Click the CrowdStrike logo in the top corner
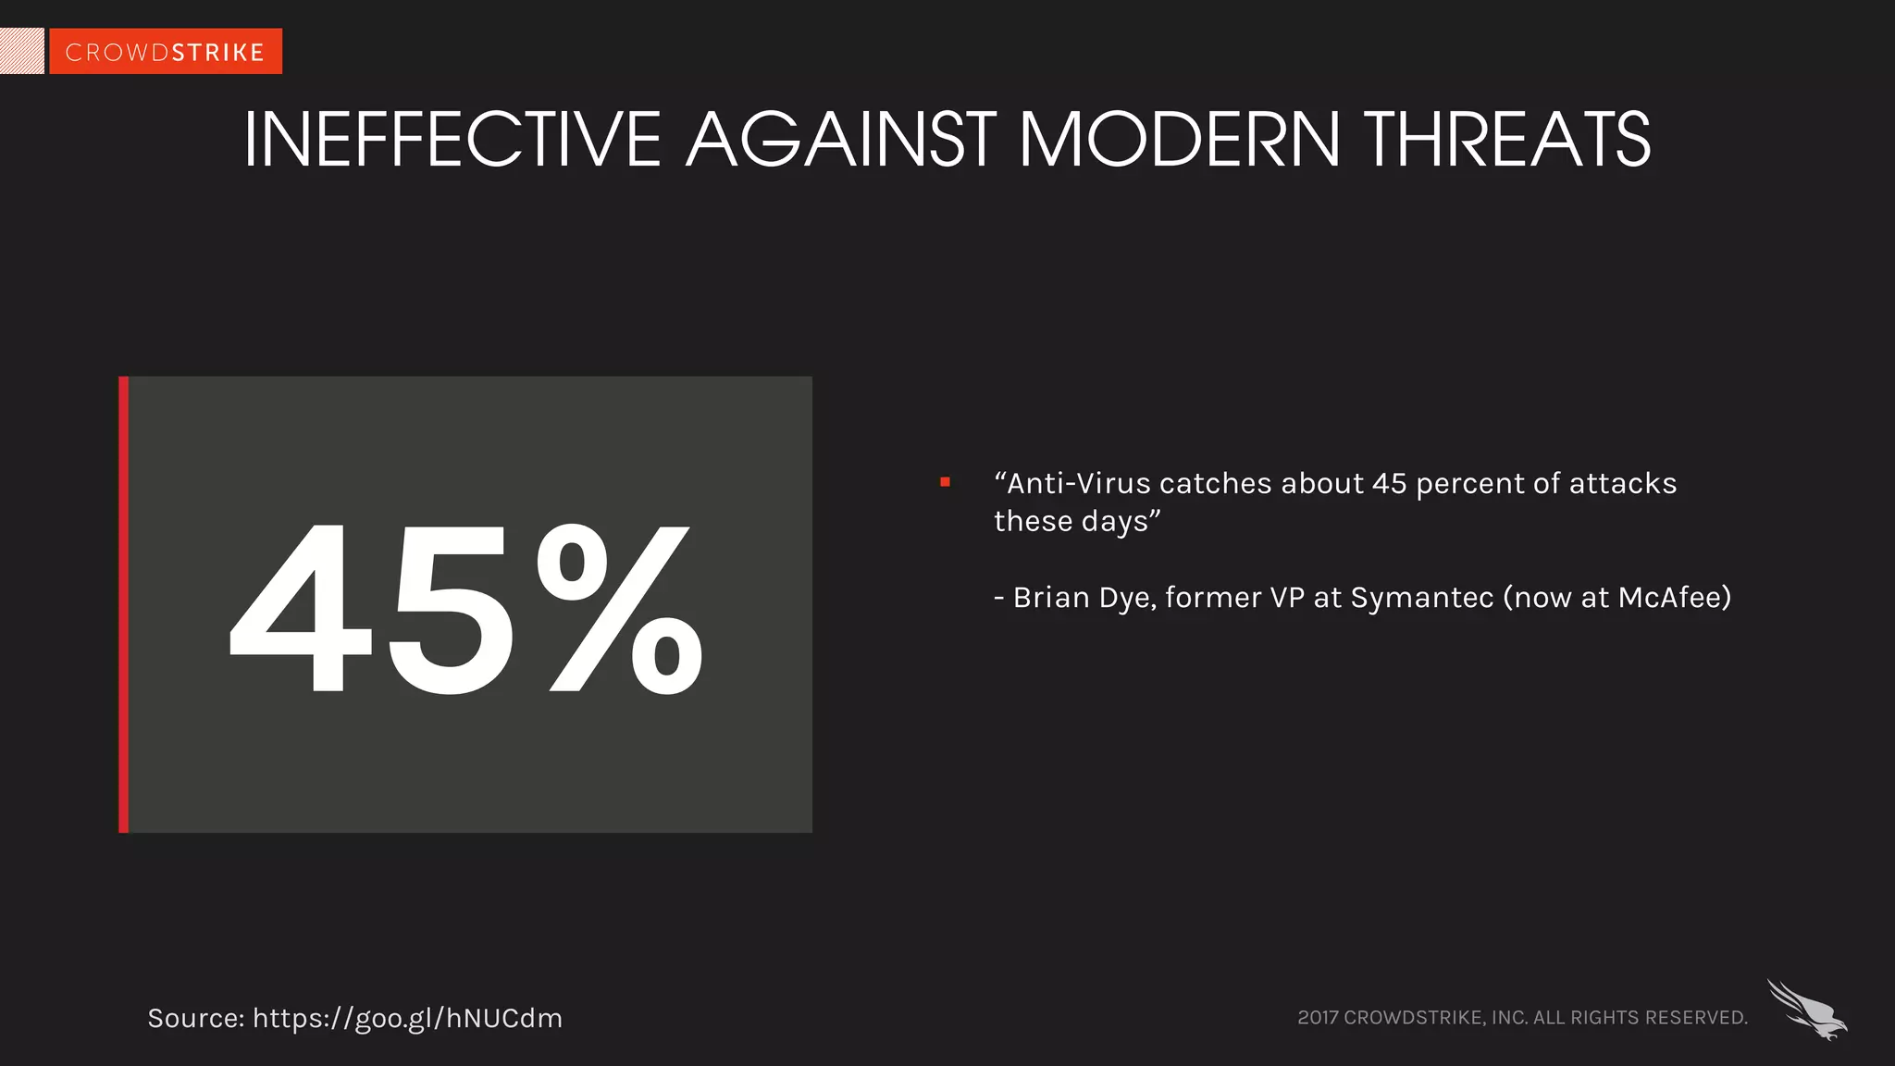point(166,52)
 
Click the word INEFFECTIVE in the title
point(452,140)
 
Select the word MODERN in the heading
point(1180,140)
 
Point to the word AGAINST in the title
point(840,140)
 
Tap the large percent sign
point(618,608)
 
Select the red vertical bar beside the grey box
point(123,604)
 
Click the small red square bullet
point(945,482)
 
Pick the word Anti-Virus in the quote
point(1079,484)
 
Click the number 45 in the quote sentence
point(1389,484)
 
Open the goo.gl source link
point(407,1019)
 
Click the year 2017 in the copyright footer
point(1318,1018)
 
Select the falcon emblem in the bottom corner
point(1806,1010)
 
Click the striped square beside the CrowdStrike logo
point(21,51)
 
